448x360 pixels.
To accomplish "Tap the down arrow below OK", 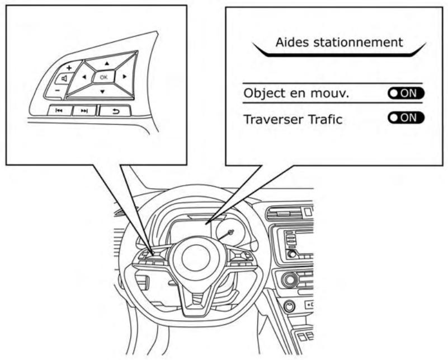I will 102,91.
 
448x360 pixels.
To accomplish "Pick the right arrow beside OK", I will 124,76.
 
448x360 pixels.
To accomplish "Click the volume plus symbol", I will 69,67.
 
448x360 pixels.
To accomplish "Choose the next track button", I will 84,111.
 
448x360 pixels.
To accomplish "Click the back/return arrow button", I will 116,110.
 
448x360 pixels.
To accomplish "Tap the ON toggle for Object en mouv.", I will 405,93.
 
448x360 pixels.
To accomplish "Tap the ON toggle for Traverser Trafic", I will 405,118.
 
